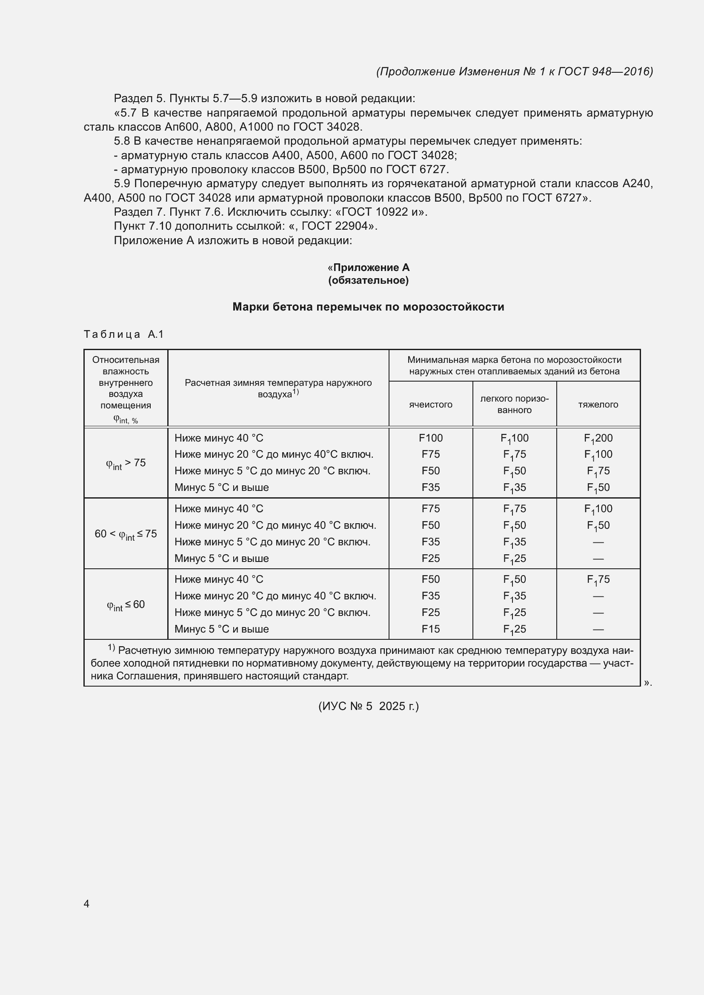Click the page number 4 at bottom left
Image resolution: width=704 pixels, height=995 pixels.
(x=86, y=904)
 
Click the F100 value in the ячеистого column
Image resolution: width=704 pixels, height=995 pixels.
(x=430, y=438)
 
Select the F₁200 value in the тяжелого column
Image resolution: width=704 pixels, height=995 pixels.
(x=598, y=439)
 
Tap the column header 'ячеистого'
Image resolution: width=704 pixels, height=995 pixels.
(x=430, y=404)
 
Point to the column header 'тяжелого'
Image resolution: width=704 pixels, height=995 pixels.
(x=598, y=404)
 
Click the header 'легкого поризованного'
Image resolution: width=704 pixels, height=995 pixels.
(x=514, y=404)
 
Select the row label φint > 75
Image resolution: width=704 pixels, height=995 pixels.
(x=126, y=463)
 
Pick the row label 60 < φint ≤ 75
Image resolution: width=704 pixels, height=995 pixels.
(x=126, y=534)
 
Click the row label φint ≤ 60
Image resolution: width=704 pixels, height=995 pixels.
(x=126, y=604)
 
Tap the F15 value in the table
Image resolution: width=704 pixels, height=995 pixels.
(x=430, y=629)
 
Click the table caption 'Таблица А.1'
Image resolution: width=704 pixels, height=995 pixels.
(x=123, y=334)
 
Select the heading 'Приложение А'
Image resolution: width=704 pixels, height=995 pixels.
(x=371, y=268)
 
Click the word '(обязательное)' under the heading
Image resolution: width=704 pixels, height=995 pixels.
(x=368, y=280)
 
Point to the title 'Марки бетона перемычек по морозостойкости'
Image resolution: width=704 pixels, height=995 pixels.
(x=368, y=307)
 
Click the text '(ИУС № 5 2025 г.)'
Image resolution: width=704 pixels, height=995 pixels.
(x=368, y=707)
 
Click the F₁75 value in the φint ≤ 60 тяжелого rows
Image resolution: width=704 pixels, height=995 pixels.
(x=598, y=580)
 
